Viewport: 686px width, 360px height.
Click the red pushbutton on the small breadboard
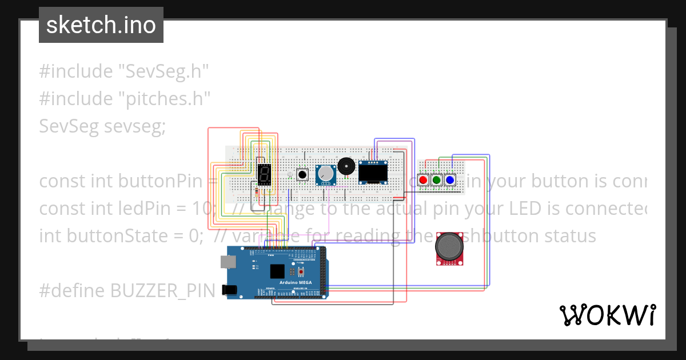point(423,180)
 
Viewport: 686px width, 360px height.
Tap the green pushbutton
point(437,180)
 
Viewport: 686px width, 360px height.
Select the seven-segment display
point(264,174)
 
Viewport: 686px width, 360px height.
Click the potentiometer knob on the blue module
point(326,173)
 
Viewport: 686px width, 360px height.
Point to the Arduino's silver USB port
point(228,261)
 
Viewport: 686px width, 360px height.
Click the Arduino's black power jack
point(230,290)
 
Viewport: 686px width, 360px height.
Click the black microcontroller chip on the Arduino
point(277,271)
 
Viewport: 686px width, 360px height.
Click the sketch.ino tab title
point(101,25)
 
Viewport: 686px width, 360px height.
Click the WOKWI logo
point(607,315)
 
